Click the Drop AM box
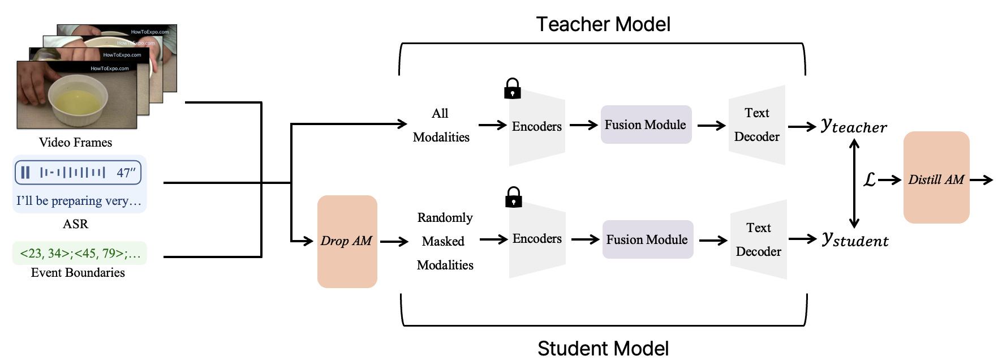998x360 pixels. click(347, 242)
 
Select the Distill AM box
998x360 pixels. click(936, 177)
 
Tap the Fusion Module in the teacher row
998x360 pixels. click(646, 125)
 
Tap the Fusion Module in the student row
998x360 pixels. click(648, 239)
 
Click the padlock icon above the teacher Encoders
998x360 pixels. click(513, 89)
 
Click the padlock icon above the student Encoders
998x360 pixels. click(514, 198)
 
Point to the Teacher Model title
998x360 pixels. click(603, 24)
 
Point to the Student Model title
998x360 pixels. click(603, 348)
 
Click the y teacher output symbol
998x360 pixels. click(854, 126)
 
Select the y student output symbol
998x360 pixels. click(855, 240)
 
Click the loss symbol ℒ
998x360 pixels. click(870, 180)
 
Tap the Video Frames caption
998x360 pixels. click(75, 142)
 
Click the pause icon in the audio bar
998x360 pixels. click(25, 172)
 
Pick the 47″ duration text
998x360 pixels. click(126, 173)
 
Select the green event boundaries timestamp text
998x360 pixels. click(80, 253)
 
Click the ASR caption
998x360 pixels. click(75, 224)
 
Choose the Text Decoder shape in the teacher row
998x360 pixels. click(757, 125)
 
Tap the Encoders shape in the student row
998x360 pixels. click(537, 239)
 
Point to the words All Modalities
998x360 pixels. click(441, 125)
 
